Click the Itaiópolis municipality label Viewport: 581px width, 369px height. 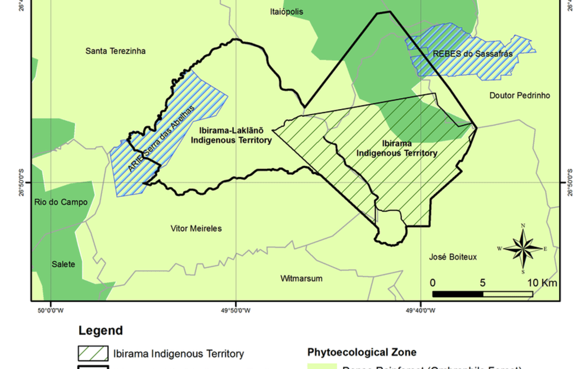(x=287, y=12)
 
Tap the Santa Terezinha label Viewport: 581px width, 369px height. (x=115, y=51)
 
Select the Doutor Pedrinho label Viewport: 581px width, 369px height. (x=520, y=95)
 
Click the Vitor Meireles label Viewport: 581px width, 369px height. (x=196, y=228)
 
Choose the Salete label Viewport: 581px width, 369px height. (x=63, y=264)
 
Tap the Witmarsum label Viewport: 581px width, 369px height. (x=301, y=278)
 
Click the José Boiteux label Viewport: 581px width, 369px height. (x=453, y=257)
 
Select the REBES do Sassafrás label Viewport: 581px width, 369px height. (x=473, y=54)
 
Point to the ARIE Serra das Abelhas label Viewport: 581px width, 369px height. (x=161, y=138)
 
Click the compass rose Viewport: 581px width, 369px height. (x=522, y=249)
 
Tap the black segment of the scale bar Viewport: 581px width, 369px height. (x=457, y=294)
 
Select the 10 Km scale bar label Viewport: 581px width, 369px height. (x=542, y=283)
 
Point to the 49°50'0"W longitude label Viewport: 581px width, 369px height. (x=236, y=310)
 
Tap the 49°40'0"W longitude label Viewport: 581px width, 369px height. (x=421, y=310)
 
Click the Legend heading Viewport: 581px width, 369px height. (x=101, y=331)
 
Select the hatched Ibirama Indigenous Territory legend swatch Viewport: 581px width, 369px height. (x=93, y=353)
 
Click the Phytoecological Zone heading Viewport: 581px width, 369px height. (x=362, y=352)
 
